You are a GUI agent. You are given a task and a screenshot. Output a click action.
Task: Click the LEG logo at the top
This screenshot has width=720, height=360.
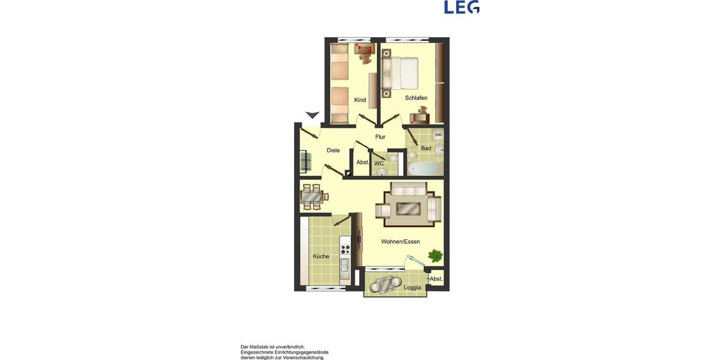(x=461, y=7)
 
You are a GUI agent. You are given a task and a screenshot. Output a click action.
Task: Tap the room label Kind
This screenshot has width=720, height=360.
(x=360, y=100)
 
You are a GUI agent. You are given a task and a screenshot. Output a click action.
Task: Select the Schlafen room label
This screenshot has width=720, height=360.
(x=416, y=98)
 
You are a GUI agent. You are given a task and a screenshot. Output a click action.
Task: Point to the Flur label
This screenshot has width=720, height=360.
(x=380, y=137)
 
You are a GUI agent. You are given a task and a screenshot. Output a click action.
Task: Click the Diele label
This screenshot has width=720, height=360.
(x=333, y=151)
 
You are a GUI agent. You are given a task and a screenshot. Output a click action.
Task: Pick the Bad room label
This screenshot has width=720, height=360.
(x=426, y=148)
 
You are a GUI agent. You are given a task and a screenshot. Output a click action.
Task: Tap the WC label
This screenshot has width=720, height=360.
(x=379, y=163)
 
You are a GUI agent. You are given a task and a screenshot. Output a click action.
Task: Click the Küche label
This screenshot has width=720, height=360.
(x=321, y=256)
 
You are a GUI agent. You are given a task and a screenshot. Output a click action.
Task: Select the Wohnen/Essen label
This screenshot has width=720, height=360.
(x=400, y=242)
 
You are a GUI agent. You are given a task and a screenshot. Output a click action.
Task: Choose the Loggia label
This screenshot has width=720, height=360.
(x=412, y=287)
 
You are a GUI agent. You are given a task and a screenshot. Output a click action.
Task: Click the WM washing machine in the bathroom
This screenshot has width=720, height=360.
(x=438, y=135)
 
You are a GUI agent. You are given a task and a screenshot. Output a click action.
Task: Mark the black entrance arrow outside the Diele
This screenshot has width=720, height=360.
(x=312, y=115)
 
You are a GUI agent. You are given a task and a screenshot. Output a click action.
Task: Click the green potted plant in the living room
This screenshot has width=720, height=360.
(x=434, y=256)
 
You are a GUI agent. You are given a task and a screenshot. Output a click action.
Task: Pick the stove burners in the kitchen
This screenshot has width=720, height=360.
(x=345, y=247)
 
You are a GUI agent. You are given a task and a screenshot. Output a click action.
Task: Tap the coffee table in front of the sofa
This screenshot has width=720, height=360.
(x=408, y=209)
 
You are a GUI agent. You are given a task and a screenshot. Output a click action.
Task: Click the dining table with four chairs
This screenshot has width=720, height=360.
(x=311, y=196)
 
